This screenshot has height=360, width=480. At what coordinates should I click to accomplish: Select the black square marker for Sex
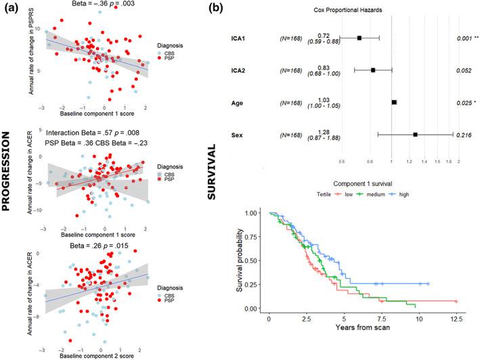[415, 135]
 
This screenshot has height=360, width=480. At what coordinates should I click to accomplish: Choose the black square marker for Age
[394, 102]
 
